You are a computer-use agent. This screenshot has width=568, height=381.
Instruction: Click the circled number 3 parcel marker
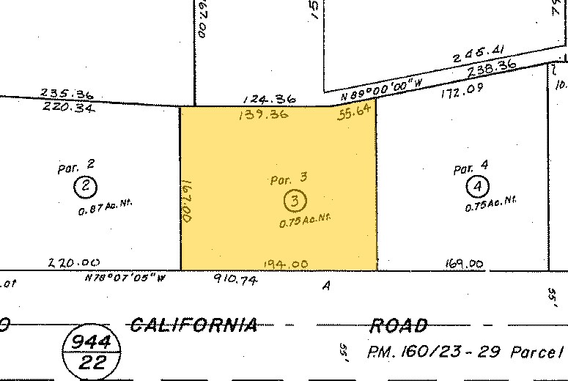click(295, 200)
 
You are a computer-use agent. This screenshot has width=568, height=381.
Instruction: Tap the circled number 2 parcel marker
click(86, 187)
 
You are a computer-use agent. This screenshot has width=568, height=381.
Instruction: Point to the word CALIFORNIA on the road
click(193, 325)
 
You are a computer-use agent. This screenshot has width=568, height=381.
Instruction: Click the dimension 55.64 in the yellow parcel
click(355, 114)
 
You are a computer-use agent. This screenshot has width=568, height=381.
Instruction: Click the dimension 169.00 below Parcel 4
click(464, 264)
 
